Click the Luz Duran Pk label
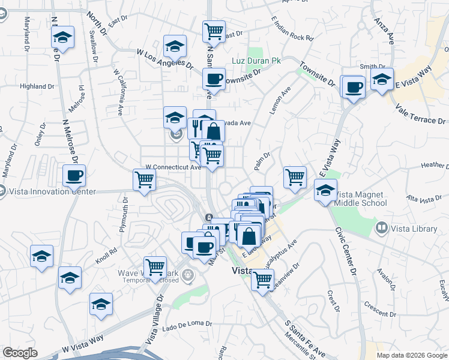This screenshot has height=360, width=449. [x=256, y=61]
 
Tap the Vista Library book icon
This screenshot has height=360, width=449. [x=380, y=228]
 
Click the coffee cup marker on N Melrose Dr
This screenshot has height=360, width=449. [x=74, y=176]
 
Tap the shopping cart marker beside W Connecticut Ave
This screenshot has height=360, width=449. [x=144, y=179]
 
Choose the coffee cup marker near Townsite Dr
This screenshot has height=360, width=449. [x=213, y=79]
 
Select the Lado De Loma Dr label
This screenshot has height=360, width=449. [x=187, y=325]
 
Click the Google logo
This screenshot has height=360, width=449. [x=19, y=353]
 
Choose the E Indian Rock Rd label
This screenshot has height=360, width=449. [x=292, y=29]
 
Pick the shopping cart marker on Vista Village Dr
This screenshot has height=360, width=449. [x=155, y=268]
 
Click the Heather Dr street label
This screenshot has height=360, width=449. [x=435, y=166]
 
